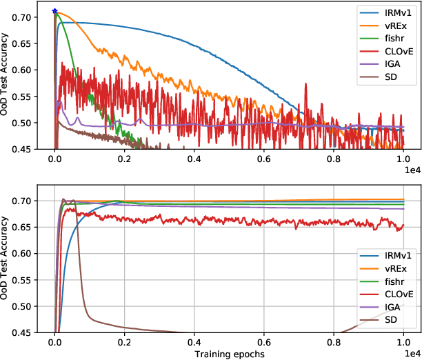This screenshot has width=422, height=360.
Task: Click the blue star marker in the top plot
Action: click(x=54, y=12)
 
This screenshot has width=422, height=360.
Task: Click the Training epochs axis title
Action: click(x=229, y=353)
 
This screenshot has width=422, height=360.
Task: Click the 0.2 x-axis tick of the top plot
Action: click(x=125, y=158)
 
